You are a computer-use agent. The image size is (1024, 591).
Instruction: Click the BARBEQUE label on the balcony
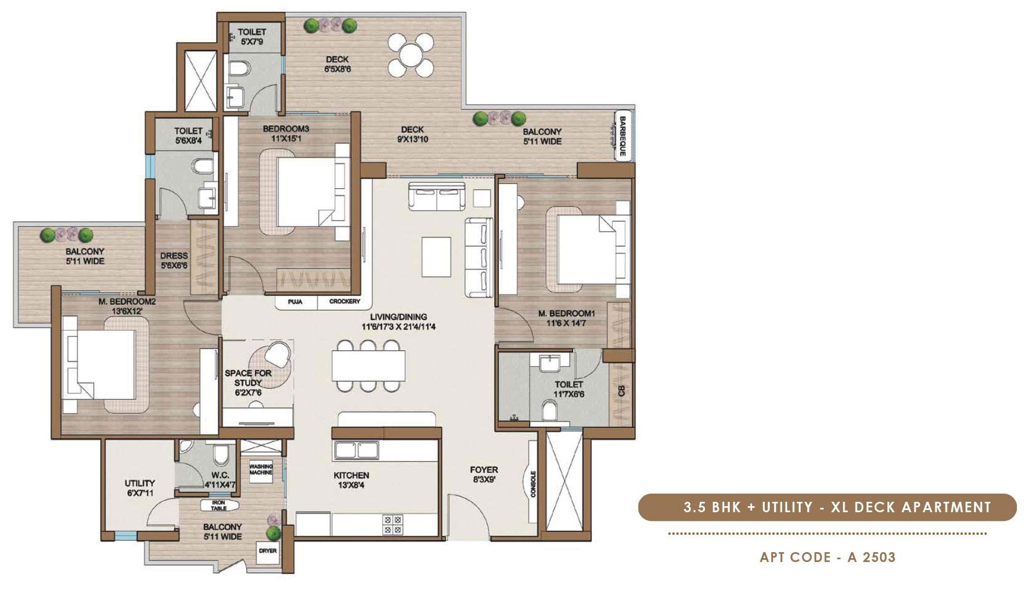click(622, 135)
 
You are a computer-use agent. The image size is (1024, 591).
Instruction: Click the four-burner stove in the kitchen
click(392, 525)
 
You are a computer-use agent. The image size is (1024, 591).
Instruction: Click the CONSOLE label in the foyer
click(533, 484)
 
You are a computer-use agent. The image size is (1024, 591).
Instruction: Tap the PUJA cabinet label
click(295, 302)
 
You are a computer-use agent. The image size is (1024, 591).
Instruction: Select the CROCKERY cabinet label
click(345, 302)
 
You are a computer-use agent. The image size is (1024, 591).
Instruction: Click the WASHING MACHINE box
click(261, 470)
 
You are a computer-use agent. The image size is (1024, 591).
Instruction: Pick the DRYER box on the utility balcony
click(268, 551)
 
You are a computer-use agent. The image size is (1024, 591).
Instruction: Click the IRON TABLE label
click(219, 505)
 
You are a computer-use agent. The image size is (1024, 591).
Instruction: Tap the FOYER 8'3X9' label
click(484, 474)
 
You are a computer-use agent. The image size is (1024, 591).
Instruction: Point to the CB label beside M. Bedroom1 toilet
click(621, 391)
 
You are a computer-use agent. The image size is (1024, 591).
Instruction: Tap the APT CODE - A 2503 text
click(828, 557)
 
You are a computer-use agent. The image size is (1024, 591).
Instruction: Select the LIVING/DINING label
click(398, 317)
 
